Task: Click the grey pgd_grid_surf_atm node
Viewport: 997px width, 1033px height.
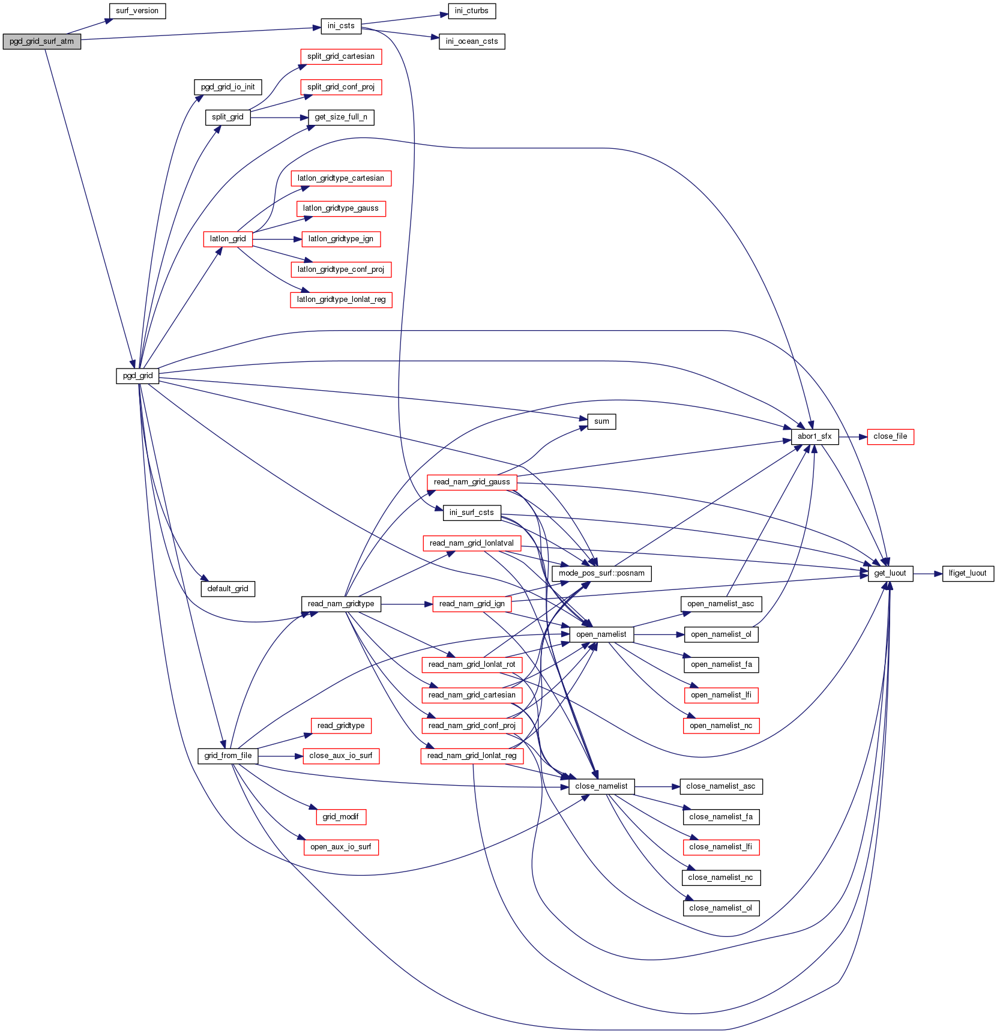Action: [x=41, y=41]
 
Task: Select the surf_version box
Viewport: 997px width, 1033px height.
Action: [x=137, y=11]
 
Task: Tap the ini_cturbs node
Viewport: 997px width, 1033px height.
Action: [x=471, y=11]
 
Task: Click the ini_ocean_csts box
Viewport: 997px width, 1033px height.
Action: [x=471, y=41]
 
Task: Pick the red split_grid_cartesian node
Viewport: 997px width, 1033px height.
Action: [x=340, y=56]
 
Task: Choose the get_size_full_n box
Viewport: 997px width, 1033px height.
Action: [x=340, y=117]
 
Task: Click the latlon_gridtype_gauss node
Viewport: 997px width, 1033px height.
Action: [x=340, y=208]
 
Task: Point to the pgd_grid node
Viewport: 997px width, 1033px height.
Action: [x=137, y=376]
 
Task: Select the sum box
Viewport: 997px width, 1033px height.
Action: [x=601, y=421]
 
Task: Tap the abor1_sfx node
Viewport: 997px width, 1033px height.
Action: [x=814, y=436]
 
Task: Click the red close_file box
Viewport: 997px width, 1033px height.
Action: [x=890, y=436]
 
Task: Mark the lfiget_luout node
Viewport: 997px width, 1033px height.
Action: [x=967, y=573]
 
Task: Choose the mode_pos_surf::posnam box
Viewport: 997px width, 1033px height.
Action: [x=601, y=573]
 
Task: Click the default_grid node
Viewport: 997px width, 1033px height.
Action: [x=227, y=589]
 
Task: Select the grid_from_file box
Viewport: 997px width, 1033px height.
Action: [x=227, y=756]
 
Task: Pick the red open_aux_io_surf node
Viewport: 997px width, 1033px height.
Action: [x=340, y=847]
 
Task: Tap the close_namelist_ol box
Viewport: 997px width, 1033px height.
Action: [x=720, y=908]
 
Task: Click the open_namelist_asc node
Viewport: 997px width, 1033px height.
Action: [x=720, y=604]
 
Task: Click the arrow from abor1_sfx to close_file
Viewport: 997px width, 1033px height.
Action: [x=853, y=437]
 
